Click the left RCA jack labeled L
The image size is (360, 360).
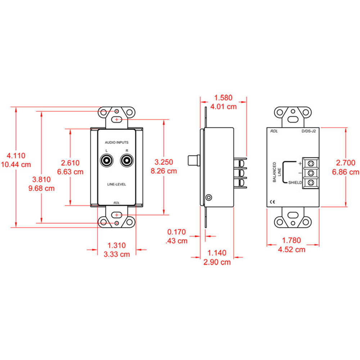pyautogui.click(x=107, y=161)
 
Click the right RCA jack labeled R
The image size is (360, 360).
pyautogui.click(x=126, y=161)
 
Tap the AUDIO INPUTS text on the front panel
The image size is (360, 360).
pyautogui.click(x=117, y=143)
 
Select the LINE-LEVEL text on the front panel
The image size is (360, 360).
pyautogui.click(x=117, y=184)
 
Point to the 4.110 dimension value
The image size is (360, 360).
pyautogui.click(x=17, y=156)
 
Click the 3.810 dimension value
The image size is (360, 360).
pyautogui.click(x=41, y=180)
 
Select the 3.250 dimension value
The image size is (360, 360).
pyautogui.click(x=164, y=162)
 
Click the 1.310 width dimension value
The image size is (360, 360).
pyautogui.click(x=117, y=246)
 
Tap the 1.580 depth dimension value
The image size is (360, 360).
pyautogui.click(x=223, y=98)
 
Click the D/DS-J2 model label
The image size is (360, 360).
pyautogui.click(x=309, y=131)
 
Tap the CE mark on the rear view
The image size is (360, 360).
pyautogui.click(x=272, y=202)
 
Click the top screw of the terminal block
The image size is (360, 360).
pyautogui.click(x=310, y=163)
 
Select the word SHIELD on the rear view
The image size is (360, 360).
pyautogui.click(x=295, y=183)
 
